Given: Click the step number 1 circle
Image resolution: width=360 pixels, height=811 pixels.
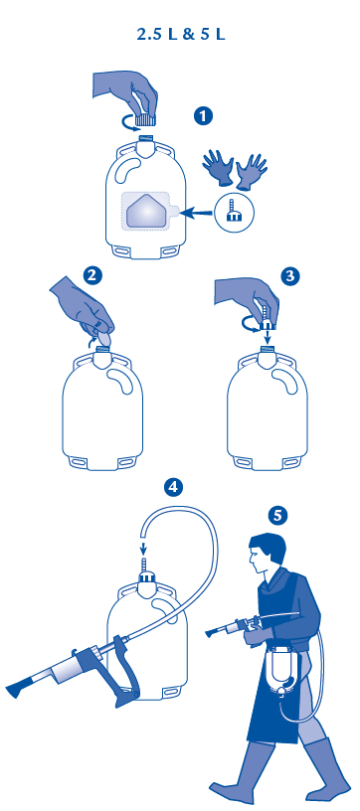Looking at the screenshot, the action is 203,115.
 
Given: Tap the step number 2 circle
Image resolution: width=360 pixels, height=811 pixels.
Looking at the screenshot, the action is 92,275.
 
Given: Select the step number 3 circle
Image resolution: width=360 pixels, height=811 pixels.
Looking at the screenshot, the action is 290,275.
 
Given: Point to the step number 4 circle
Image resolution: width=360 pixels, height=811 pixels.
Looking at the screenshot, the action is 173,487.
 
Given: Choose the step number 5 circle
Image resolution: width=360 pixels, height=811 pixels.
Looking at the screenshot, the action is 277,515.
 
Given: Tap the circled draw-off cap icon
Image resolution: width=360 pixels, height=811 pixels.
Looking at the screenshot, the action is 233,211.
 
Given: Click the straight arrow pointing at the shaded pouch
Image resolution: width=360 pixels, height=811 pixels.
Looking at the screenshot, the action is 200,211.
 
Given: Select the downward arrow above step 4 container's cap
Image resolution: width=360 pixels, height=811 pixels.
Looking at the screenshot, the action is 143,547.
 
